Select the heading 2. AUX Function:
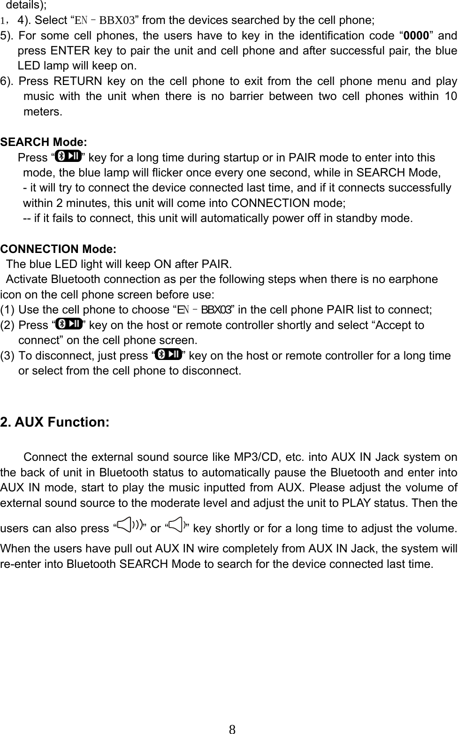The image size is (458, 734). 55,422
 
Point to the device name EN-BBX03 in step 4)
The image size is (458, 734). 106,21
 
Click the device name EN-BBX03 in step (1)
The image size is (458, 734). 204,310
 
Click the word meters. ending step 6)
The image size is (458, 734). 42,112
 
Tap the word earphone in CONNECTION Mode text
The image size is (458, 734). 414,279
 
